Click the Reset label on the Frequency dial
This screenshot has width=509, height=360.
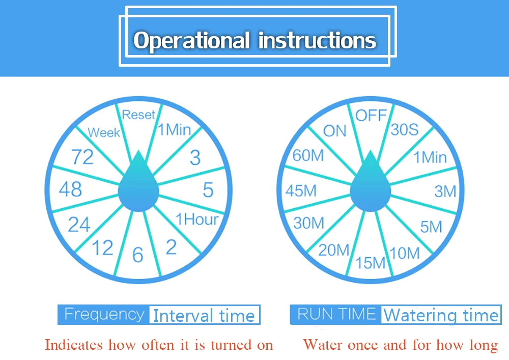coord(138,115)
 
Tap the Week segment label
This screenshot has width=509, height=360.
coord(104,132)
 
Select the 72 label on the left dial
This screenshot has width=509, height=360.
coord(82,157)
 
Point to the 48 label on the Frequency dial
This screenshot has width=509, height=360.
coord(70,189)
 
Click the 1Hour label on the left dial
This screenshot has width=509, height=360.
coord(197,219)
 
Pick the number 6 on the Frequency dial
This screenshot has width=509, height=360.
coord(138,255)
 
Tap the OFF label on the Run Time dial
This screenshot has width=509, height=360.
coord(371,115)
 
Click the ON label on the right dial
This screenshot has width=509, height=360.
coord(335,131)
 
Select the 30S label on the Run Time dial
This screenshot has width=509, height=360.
coord(405,129)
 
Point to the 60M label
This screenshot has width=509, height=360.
coord(308,155)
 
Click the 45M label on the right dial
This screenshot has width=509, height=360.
coord(301,190)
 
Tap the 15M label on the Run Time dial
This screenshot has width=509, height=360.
coord(371,263)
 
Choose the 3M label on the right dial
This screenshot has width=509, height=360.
coord(445,191)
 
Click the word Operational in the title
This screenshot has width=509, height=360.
coord(191,41)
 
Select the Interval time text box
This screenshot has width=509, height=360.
coord(205,315)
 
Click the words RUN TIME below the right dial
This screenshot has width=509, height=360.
coord(336,314)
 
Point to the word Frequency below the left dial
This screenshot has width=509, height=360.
coord(104,315)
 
